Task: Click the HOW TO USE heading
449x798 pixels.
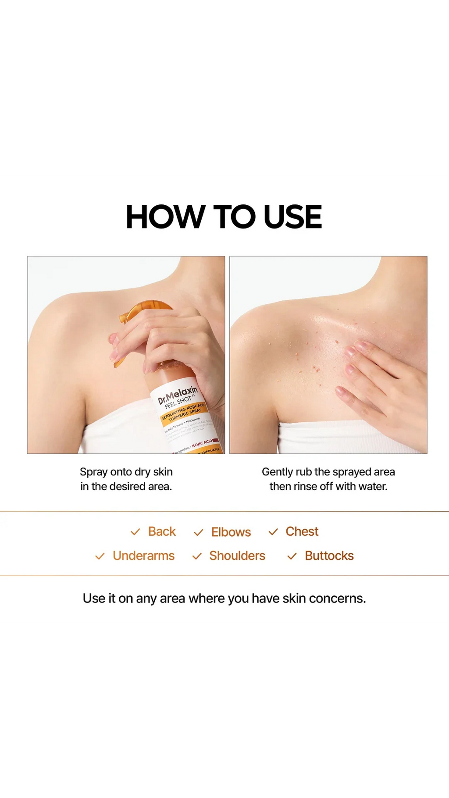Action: pos(224,217)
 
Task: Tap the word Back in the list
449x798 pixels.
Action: pos(162,531)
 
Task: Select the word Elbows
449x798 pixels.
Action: pos(231,532)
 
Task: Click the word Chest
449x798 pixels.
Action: pos(302,531)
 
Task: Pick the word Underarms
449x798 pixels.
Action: pos(143,556)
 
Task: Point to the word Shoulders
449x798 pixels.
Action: pos(237,556)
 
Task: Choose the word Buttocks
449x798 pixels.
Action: pos(329,556)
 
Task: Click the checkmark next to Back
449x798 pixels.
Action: pos(135,532)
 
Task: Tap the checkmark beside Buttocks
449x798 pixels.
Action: pos(292,556)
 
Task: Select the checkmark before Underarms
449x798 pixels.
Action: pos(100,556)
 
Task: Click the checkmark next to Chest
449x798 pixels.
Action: pos(273,532)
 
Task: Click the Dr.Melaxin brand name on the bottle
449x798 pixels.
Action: pos(178,394)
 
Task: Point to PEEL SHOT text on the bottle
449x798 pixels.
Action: pos(178,402)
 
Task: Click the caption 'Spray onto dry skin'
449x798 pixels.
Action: pos(126,472)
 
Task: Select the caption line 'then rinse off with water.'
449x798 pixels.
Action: pos(328,486)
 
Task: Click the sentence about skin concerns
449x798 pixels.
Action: pos(224,598)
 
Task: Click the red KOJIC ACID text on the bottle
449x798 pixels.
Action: pos(202,443)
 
